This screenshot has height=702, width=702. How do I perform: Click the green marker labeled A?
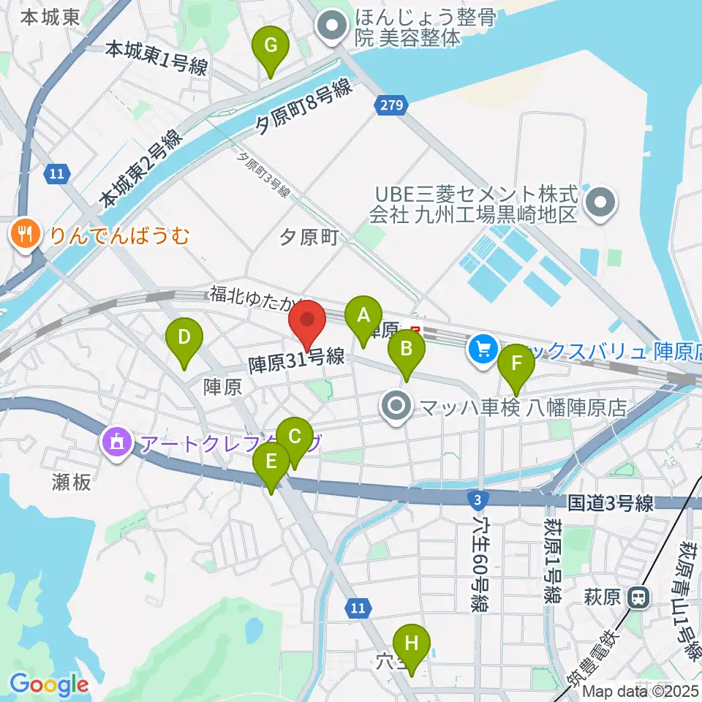pos(363,317)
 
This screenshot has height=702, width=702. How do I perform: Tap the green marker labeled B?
pos(406,350)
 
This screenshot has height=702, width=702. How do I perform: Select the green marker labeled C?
pos(295,437)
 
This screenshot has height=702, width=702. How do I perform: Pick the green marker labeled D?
pos(184,338)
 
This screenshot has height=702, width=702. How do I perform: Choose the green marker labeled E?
pos(271,462)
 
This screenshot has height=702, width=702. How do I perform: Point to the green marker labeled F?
pos(516,363)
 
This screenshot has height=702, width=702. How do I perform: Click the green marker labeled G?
pos(270,46)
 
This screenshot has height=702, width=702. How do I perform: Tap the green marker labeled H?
pos(412,644)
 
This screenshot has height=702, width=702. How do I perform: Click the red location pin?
pos(308,321)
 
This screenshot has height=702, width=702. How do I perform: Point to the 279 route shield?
pos(391,107)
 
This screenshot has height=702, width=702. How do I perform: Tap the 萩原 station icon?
pos(639,598)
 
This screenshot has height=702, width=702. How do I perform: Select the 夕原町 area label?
pos(310,237)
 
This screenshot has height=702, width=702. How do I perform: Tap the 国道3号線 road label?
pos(611,503)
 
